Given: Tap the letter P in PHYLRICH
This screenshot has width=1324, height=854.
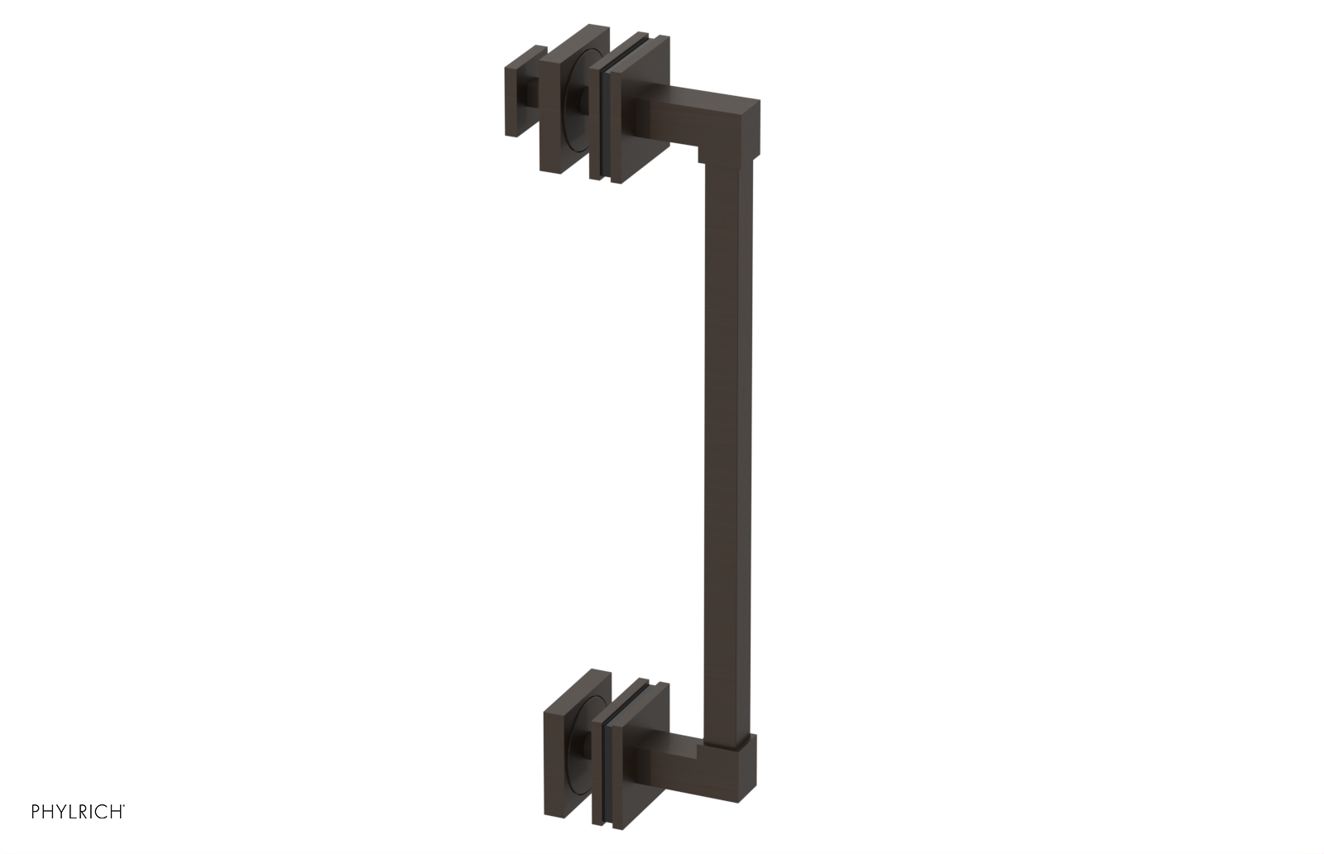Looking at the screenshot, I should tap(36, 813).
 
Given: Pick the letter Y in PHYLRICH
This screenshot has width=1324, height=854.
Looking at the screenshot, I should tap(60, 813).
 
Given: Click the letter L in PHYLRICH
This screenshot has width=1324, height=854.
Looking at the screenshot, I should tap(72, 813).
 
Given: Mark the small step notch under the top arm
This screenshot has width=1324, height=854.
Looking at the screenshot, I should tap(699, 153).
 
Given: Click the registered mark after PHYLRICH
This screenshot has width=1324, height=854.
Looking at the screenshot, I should tap(125, 807).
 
